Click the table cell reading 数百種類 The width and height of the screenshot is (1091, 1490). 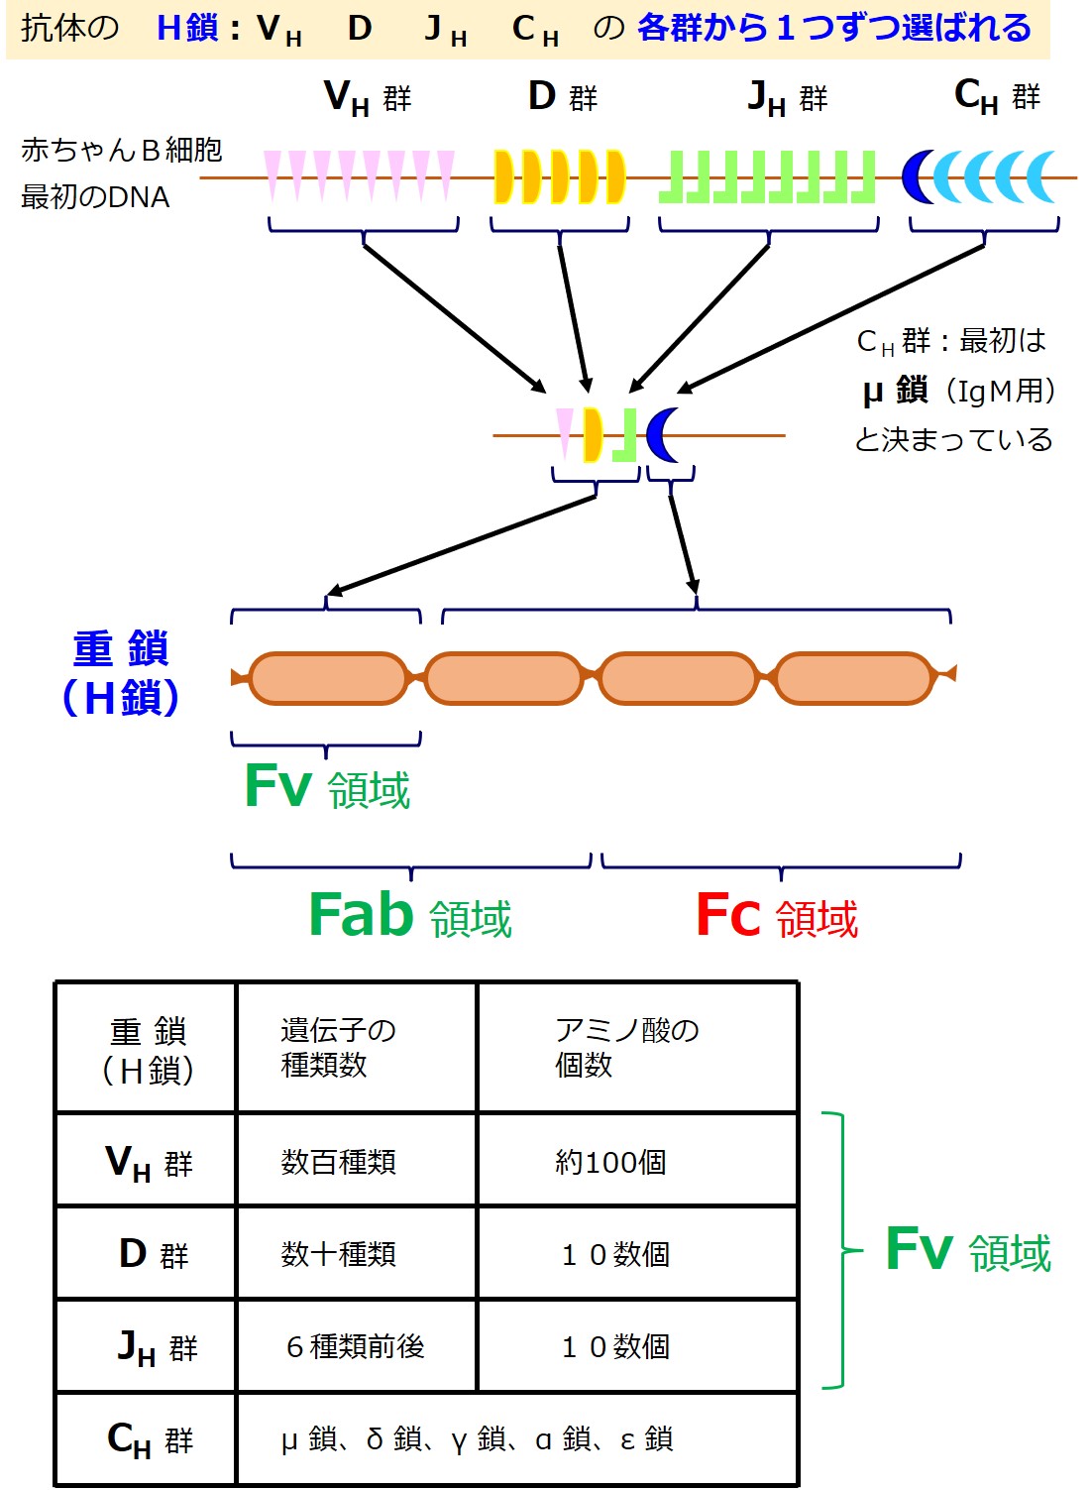tap(338, 1161)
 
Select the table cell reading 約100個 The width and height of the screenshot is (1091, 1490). tap(610, 1161)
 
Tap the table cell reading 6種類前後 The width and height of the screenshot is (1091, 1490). tap(355, 1346)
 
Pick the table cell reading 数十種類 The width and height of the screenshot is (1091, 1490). tap(338, 1254)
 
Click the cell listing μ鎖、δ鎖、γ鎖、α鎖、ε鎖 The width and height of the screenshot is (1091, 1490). tap(477, 1438)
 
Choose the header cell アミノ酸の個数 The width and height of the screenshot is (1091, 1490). tap(626, 1047)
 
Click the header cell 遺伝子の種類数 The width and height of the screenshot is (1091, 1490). tap(338, 1047)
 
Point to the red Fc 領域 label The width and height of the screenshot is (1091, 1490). tap(776, 915)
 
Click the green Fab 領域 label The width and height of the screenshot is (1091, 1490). tap(410, 915)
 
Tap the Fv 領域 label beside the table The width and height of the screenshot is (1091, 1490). tap(967, 1250)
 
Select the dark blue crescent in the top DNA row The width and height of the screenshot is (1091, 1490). tap(918, 176)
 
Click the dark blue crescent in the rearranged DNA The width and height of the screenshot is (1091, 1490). tap(662, 434)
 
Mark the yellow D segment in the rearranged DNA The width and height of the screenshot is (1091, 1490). tap(593, 434)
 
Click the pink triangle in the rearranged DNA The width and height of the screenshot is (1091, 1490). tap(564, 431)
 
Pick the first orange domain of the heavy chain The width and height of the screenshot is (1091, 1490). tap(328, 678)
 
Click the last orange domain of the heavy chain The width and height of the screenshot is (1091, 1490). tap(853, 678)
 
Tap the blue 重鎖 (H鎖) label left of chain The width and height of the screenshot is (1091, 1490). tap(121, 673)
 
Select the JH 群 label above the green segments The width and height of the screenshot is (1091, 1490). tap(787, 98)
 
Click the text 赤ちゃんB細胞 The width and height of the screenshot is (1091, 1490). tap(121, 150)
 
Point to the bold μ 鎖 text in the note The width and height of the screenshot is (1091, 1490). tap(895, 391)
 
